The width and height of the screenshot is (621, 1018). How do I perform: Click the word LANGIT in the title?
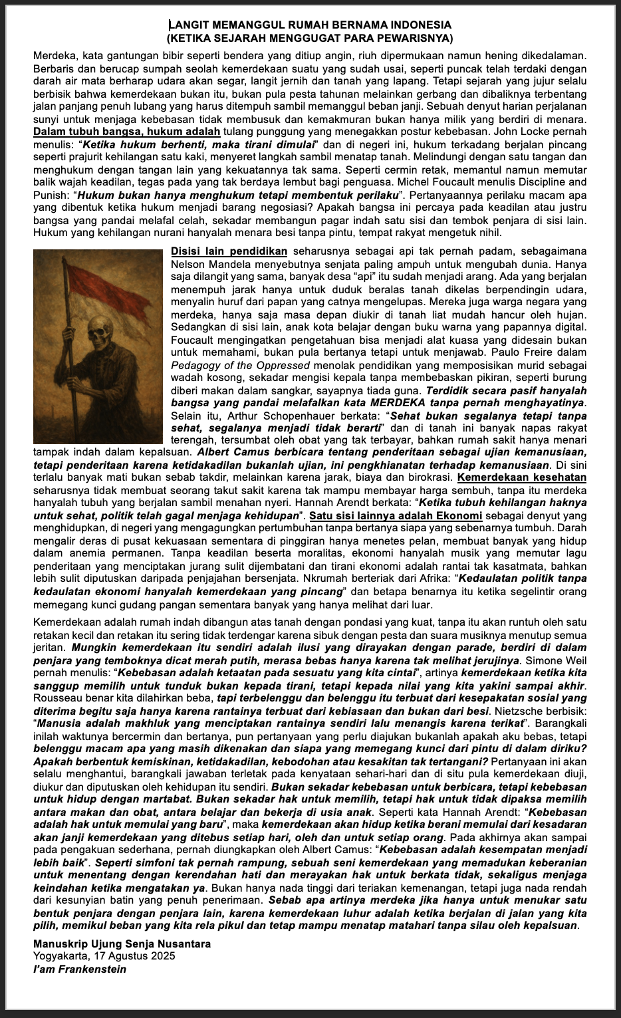pos(188,25)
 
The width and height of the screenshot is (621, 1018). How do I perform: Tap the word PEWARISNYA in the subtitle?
pos(418,38)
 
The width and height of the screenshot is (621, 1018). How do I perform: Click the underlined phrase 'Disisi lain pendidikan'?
pos(229,251)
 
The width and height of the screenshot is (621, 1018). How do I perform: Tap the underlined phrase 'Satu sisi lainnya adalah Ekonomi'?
pos(396,516)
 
